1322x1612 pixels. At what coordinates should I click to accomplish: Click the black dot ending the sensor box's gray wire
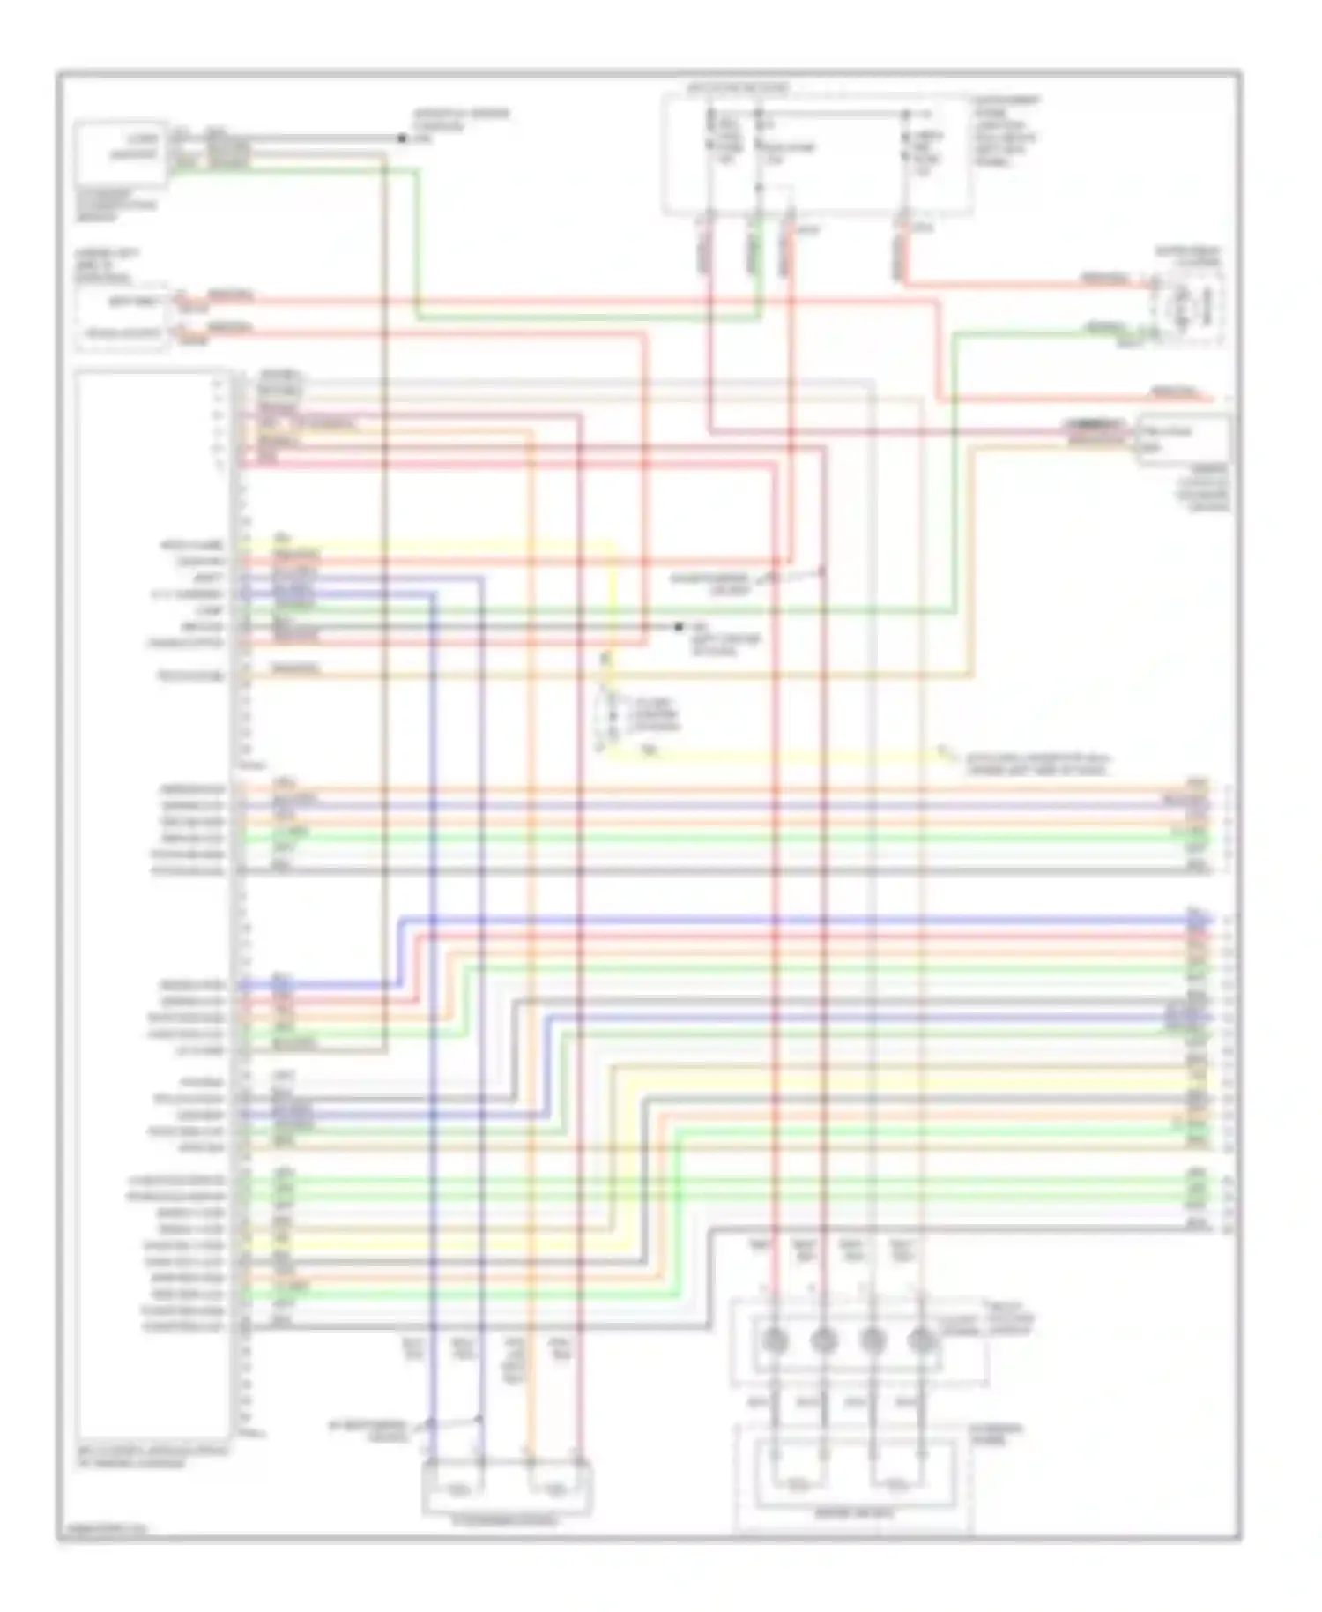(402, 138)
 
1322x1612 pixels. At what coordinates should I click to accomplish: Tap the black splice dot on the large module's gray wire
(678, 626)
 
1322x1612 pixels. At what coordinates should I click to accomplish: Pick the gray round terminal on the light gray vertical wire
(872, 1341)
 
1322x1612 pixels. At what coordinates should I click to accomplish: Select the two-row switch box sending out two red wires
(121, 318)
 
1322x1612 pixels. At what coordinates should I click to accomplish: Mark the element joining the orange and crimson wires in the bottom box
(555, 1489)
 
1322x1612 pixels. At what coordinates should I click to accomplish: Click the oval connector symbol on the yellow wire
(608, 714)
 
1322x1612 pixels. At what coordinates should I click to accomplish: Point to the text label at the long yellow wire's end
(1036, 764)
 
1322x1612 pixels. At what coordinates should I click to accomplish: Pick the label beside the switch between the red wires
(710, 582)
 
